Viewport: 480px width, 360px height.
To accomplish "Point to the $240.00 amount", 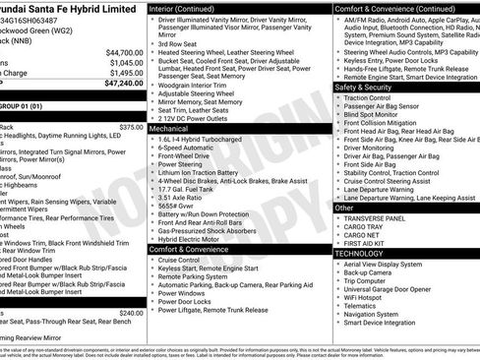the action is click(x=131, y=313).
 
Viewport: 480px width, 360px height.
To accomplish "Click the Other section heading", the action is click(x=344, y=208).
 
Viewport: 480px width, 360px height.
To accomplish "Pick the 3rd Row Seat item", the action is click(x=178, y=43).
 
